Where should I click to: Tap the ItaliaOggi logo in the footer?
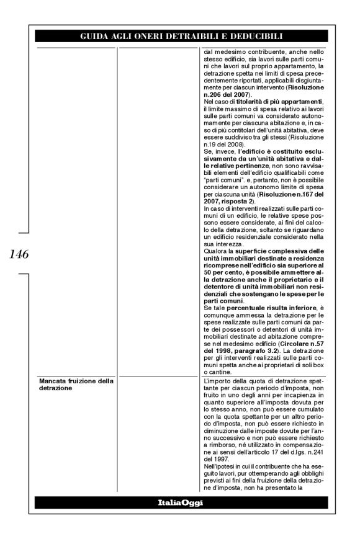[180, 501]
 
